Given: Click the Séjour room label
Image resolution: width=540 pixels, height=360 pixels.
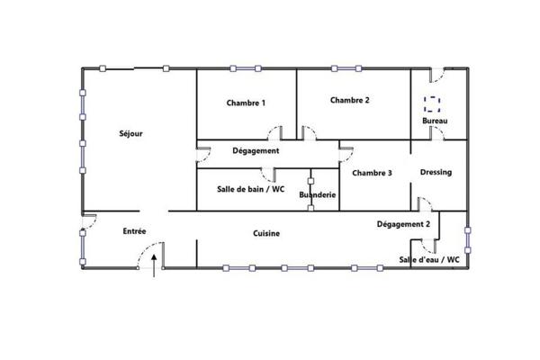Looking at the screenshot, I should coord(131,134).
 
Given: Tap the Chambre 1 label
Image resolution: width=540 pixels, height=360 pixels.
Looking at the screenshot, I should coord(246,103).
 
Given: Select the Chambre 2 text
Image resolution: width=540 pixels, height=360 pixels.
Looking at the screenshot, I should coord(349,100).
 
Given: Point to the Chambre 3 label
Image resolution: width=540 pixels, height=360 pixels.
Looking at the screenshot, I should coord(372,173).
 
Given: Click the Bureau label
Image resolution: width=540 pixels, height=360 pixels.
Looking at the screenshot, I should coord(435,121).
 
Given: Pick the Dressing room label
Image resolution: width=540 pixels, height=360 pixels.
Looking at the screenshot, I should coord(436,172).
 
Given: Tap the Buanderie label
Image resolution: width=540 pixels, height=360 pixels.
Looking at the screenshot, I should coord(317,193).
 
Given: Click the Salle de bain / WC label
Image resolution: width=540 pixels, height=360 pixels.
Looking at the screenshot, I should coord(251,189).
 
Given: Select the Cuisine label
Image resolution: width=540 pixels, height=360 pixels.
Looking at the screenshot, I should coord(265,233).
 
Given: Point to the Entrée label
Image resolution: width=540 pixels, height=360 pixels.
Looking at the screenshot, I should coord(135,231).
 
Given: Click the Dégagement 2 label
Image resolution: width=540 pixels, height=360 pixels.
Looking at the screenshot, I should coord(403,223).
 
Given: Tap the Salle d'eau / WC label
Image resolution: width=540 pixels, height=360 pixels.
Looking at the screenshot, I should coord(429,260).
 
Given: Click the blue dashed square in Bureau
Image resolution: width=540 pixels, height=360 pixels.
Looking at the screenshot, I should coord(433,103).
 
